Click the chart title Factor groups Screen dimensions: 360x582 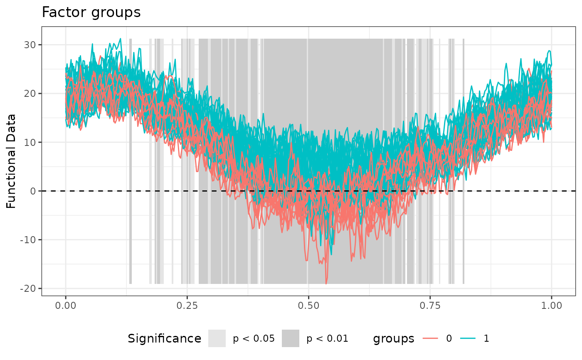tap(91, 12)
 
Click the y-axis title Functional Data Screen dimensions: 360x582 tap(11, 161)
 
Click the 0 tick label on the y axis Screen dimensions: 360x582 tap(33, 191)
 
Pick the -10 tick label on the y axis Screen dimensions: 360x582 tap(29, 240)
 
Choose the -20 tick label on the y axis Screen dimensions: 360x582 tap(29, 288)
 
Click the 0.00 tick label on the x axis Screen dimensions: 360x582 tap(66, 306)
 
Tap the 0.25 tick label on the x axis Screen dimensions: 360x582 tap(187, 306)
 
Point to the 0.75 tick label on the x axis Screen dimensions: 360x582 tap(430, 306)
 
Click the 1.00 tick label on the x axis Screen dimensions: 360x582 tap(551, 306)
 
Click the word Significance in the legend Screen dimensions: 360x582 tap(165, 339)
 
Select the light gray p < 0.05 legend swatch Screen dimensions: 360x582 tap(217, 338)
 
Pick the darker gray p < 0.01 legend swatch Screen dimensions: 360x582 tap(291, 338)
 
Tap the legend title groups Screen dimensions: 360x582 tap(394, 339)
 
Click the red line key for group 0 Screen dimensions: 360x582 tap(432, 338)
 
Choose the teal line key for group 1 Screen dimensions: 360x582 tap(469, 338)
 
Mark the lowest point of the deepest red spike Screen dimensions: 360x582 tap(326, 284)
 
